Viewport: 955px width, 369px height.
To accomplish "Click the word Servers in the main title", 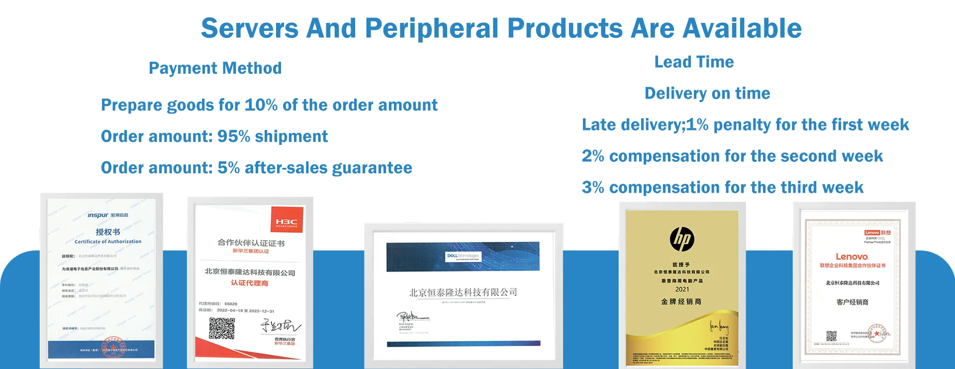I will click(249, 28).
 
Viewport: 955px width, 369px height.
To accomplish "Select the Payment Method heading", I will click(215, 68).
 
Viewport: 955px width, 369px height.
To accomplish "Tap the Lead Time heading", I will click(694, 62).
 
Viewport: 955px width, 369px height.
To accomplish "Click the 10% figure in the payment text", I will click(261, 105).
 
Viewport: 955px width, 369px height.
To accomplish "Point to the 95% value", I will click(234, 136).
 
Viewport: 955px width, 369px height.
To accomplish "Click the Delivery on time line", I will click(707, 94).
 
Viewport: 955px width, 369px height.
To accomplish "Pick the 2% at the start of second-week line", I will click(593, 156).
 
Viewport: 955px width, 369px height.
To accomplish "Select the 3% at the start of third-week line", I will click(593, 188).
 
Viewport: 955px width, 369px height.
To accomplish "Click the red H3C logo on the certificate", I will click(286, 222).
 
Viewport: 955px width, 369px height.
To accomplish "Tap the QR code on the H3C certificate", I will click(222, 329).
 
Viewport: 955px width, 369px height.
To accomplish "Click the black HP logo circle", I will click(682, 240).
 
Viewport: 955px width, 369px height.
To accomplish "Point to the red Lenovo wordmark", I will click(852, 257).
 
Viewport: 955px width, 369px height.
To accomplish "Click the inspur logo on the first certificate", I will click(98, 215).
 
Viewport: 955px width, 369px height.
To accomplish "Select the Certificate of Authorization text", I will click(108, 242).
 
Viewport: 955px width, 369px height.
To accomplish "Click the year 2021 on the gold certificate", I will click(682, 289).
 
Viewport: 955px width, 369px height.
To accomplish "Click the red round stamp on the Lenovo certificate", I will click(876, 334).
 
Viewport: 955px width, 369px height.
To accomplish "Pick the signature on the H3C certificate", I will click(281, 326).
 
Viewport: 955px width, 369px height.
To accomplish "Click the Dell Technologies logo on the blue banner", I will click(463, 256).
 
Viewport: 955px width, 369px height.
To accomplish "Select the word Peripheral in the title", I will click(432, 28).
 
